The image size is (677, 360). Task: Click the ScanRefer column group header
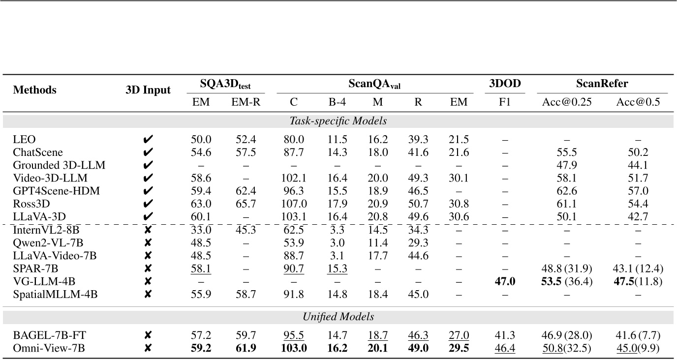(x=602, y=84)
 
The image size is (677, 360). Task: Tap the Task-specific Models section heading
(x=338, y=120)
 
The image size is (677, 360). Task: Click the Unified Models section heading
(x=338, y=317)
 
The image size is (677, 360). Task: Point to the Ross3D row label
(x=31, y=203)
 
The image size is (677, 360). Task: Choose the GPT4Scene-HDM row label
(x=57, y=191)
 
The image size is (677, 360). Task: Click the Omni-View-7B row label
(x=49, y=349)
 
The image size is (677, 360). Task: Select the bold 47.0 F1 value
(x=505, y=281)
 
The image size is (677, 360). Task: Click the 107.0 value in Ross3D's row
(x=294, y=203)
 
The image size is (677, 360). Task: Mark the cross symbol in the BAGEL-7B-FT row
(x=148, y=336)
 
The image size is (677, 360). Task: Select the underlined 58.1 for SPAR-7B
(x=201, y=268)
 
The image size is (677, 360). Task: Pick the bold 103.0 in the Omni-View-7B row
(x=294, y=349)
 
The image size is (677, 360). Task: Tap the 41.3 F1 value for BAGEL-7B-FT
(x=505, y=336)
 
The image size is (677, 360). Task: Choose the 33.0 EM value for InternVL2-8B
(x=201, y=229)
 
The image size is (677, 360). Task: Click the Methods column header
(x=34, y=90)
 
